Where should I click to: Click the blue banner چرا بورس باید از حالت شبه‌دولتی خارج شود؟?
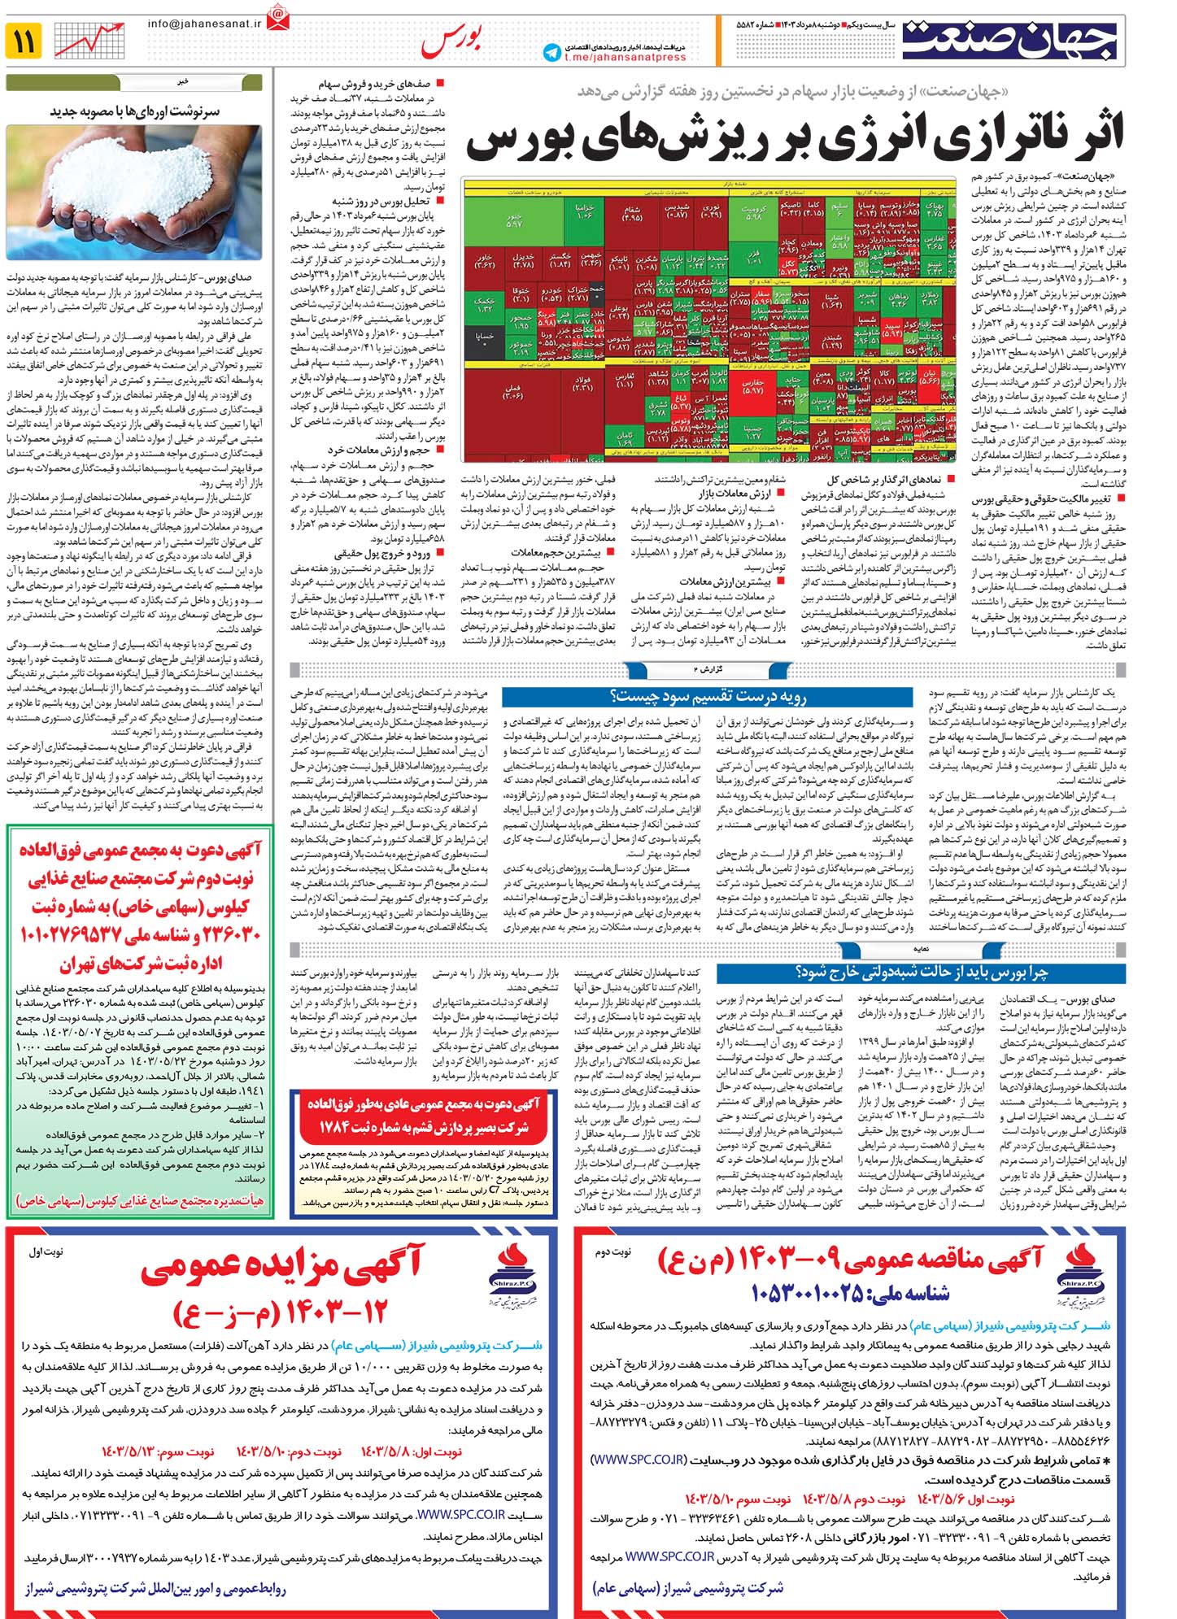(x=922, y=972)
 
